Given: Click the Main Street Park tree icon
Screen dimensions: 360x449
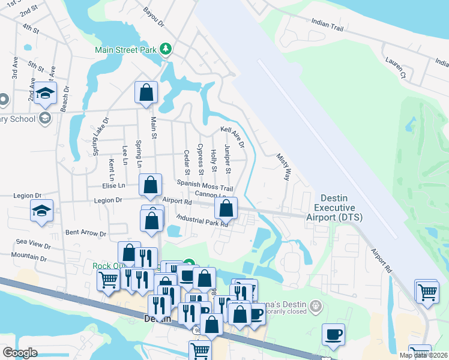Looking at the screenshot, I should [x=168, y=49].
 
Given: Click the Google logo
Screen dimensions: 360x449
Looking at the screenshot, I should [x=20, y=353].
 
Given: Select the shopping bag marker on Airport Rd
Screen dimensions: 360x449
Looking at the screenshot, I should [x=226, y=209].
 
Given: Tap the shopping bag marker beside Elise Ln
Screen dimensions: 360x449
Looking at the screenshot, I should [x=150, y=186].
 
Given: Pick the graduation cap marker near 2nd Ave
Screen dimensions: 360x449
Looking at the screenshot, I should [x=45, y=93].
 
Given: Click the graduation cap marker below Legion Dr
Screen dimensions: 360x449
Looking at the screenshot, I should [x=41, y=211].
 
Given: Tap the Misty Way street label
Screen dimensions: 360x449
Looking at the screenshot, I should [x=283, y=167].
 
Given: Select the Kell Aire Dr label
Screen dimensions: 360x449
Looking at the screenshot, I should [x=232, y=136].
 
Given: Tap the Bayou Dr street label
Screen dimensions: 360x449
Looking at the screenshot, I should [x=154, y=17].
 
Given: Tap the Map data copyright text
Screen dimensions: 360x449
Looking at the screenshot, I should [x=423, y=355].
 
